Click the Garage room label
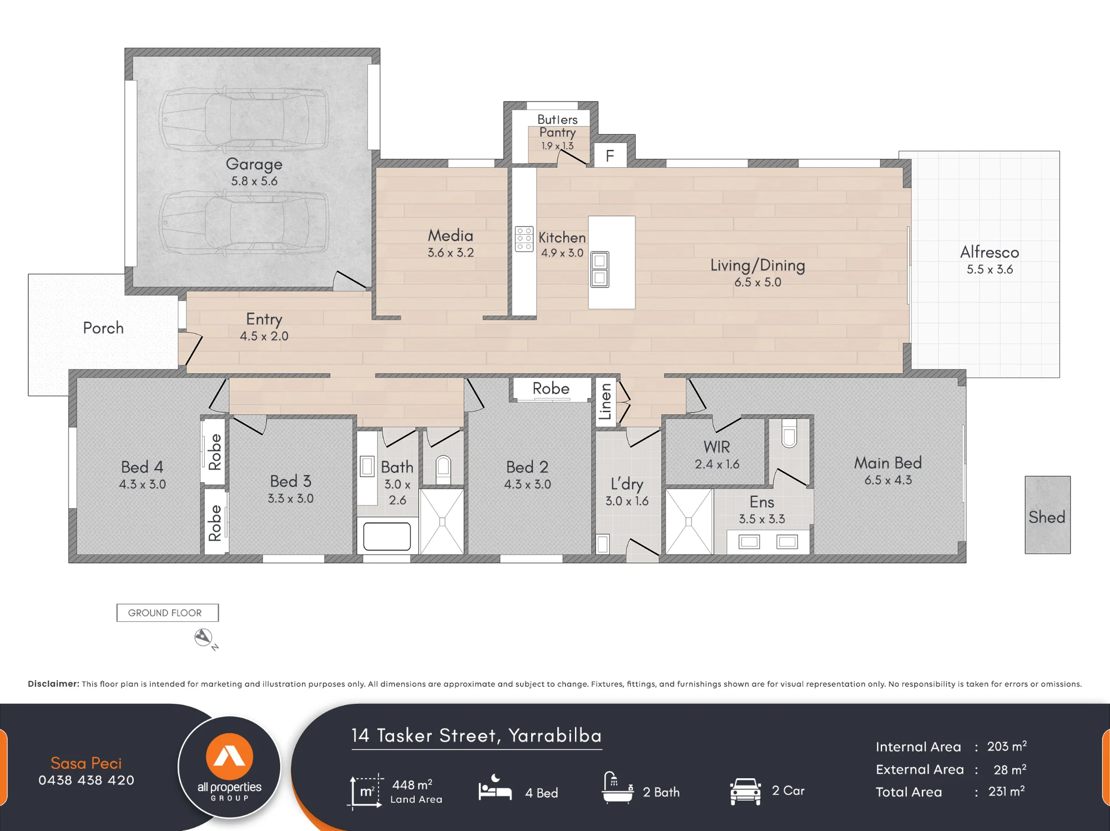tap(254, 164)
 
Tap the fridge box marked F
tap(610, 155)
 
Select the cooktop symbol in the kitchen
tap(524, 239)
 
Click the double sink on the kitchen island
tap(599, 269)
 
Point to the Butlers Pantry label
tap(557, 126)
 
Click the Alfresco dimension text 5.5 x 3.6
tap(990, 269)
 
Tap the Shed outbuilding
tap(1047, 515)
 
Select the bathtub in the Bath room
tap(387, 537)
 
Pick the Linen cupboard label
tap(606, 401)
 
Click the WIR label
tap(717, 447)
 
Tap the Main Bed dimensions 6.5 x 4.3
tap(888, 480)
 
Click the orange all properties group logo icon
tap(229, 757)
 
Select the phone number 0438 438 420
tap(86, 780)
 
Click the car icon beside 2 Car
tap(745, 791)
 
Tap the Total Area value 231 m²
tap(1006, 791)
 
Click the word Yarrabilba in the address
tap(555, 736)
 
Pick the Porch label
tap(103, 328)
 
